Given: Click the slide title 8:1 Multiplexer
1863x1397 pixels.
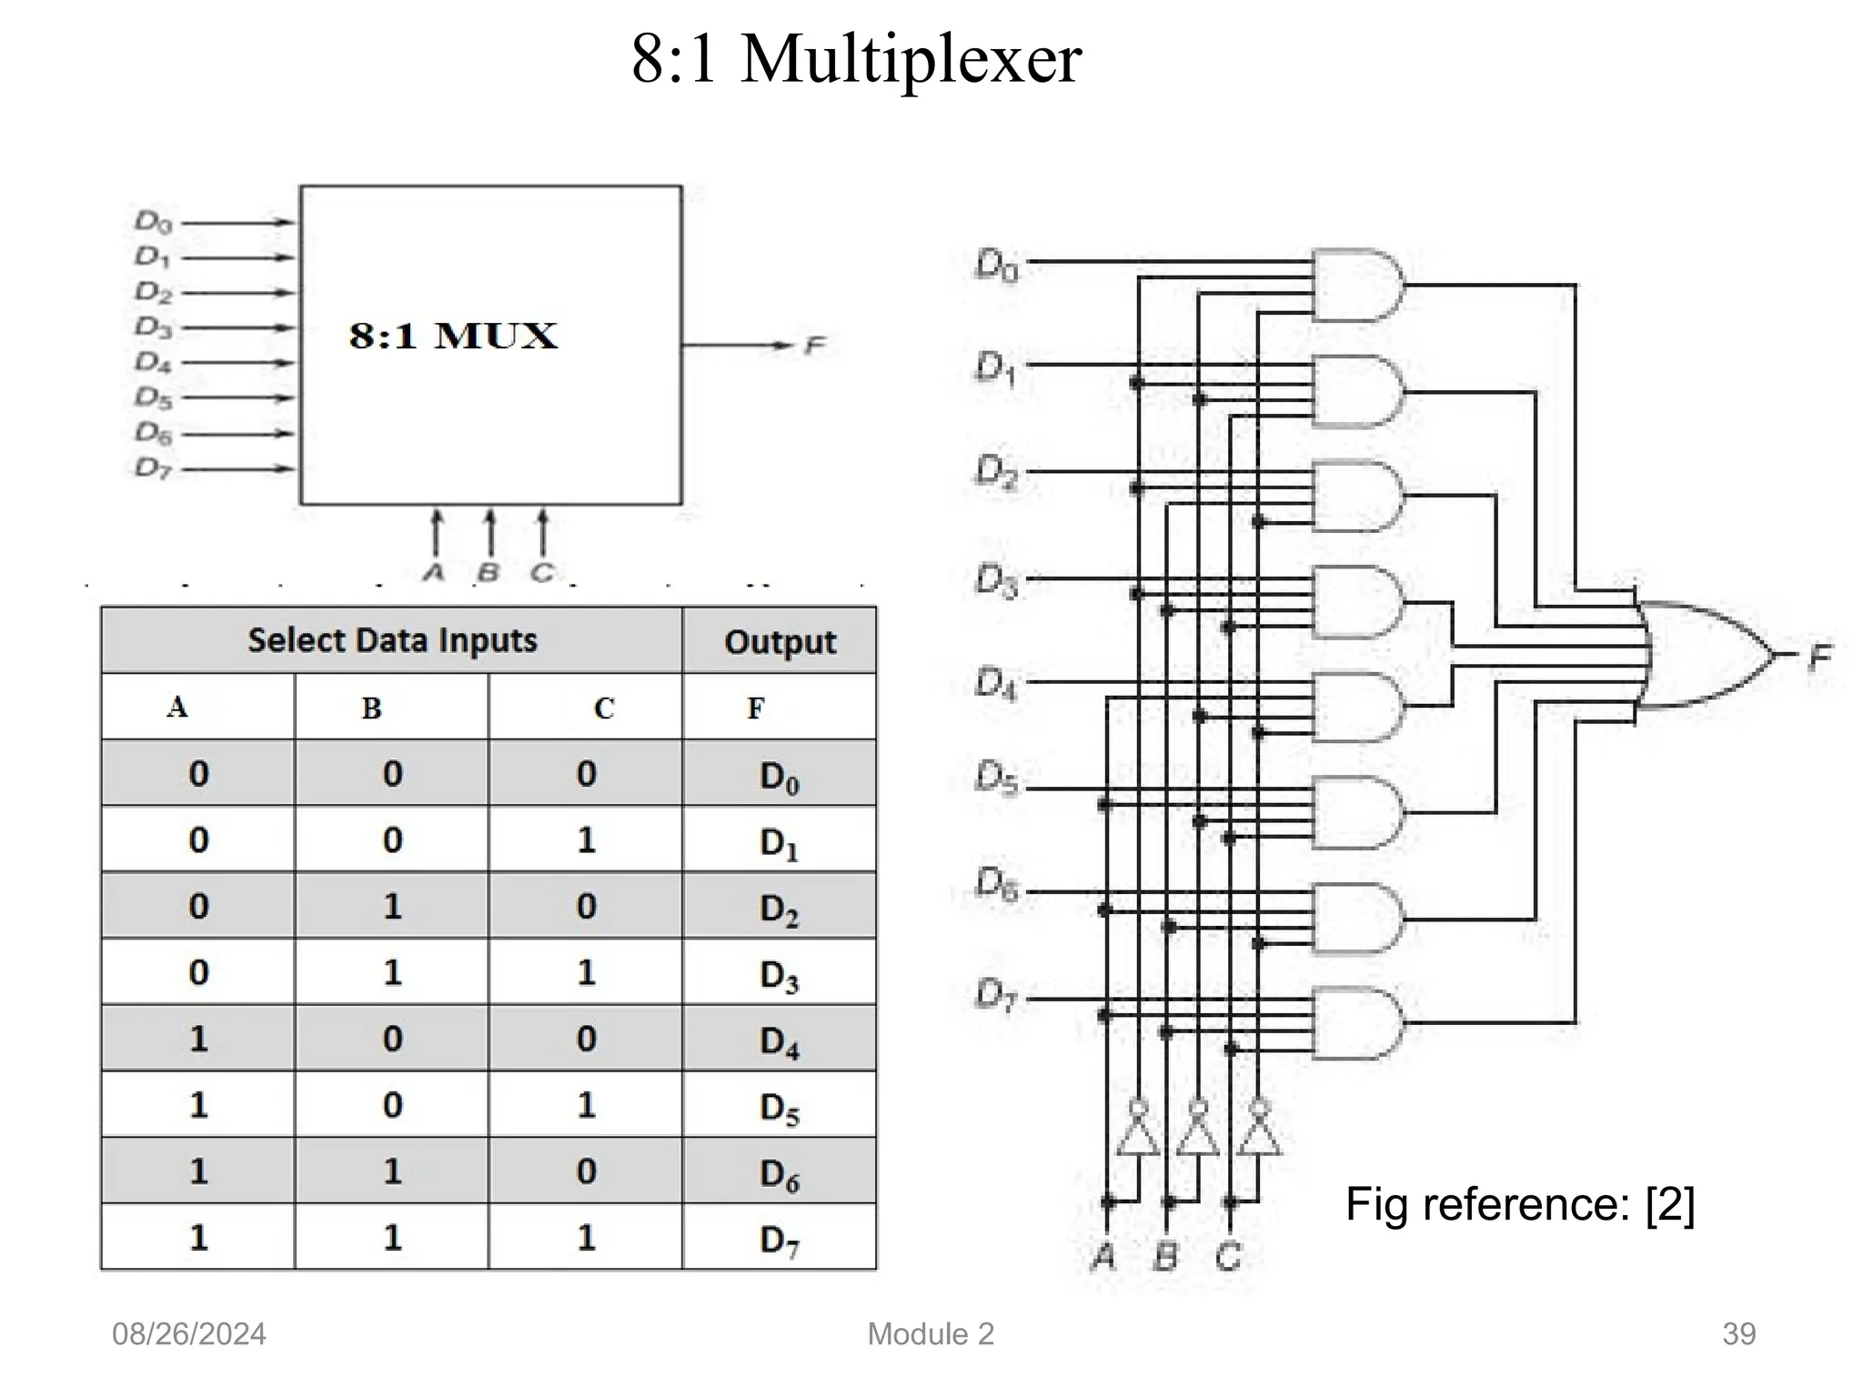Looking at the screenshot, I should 855,59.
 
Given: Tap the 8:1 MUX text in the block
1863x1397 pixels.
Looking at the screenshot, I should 453,337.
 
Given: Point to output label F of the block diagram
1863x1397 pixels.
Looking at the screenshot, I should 814,346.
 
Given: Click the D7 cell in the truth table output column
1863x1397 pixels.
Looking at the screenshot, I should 779,1239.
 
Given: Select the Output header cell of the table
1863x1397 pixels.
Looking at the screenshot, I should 780,641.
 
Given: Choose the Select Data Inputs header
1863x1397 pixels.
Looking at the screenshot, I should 392,640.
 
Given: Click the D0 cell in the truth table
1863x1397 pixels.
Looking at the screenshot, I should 779,775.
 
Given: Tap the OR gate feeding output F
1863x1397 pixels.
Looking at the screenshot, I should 1701,655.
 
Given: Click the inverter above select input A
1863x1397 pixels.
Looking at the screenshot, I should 1137,1132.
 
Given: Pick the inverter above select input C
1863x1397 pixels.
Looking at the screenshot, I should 1259,1132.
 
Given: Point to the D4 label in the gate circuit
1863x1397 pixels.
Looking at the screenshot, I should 995,683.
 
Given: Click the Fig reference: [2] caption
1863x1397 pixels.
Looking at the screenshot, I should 1519,1204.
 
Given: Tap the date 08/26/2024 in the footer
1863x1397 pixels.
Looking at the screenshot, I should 188,1334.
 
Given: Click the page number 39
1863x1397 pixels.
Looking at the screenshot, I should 1738,1334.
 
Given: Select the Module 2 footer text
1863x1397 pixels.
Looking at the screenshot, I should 931,1334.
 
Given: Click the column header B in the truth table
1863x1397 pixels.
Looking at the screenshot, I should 371,708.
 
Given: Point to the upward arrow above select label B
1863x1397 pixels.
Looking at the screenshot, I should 489,532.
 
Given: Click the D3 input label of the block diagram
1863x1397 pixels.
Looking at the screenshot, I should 153,327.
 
